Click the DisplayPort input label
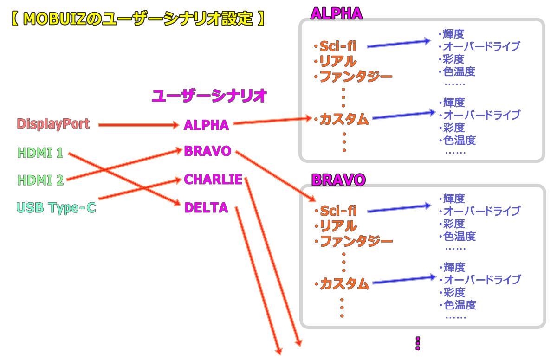pyautogui.click(x=52, y=124)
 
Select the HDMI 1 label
pyautogui.click(x=40, y=153)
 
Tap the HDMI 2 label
pyautogui.click(x=40, y=180)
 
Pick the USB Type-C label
pyautogui.click(x=56, y=207)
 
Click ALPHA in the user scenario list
pyautogui.click(x=206, y=125)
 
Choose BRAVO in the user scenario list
pyautogui.click(x=207, y=151)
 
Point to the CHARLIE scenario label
pyautogui.click(x=213, y=179)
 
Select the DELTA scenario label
pyautogui.click(x=206, y=207)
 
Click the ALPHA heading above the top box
pyautogui.click(x=336, y=13)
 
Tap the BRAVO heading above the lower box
pyautogui.click(x=338, y=180)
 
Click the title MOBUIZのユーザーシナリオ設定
pyautogui.click(x=137, y=19)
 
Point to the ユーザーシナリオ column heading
pyautogui.click(x=210, y=96)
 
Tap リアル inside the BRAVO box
pyautogui.click(x=338, y=226)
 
